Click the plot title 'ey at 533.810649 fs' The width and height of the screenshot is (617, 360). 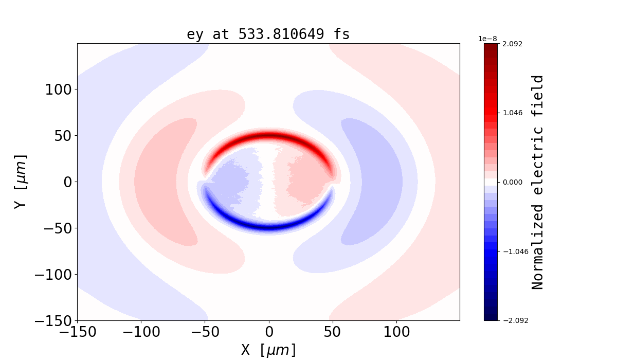pyautogui.click(x=268, y=34)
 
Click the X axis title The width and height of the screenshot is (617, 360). pyautogui.click(x=268, y=350)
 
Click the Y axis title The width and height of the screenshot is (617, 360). pyautogui.click(x=20, y=182)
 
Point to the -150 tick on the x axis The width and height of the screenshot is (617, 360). pyautogui.click(x=78, y=332)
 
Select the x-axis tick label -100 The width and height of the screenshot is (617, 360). pyautogui.click(x=141, y=332)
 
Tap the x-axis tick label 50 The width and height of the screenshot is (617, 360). pyautogui.click(x=332, y=332)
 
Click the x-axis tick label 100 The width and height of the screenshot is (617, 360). pyautogui.click(x=396, y=332)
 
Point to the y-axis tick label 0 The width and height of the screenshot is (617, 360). pyautogui.click(x=65, y=182)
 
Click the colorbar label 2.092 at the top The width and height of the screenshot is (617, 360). pyautogui.click(x=513, y=44)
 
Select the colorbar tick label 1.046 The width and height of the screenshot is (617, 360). pyautogui.click(x=513, y=113)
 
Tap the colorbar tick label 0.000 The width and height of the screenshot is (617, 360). pyautogui.click(x=513, y=182)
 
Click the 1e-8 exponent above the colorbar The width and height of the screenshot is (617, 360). pyautogui.click(x=487, y=39)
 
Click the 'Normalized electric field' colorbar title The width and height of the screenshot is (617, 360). pyautogui.click(x=537, y=182)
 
